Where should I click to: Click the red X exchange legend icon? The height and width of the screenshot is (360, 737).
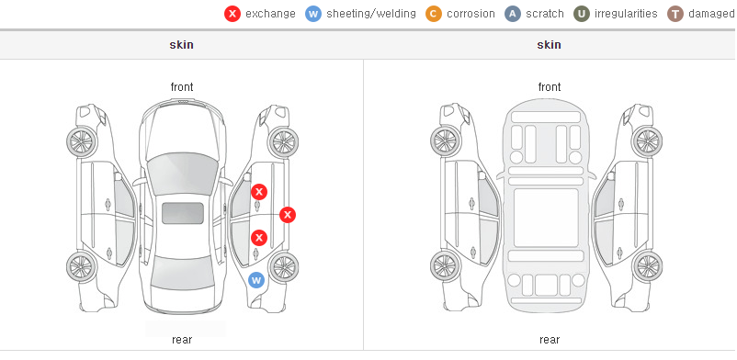click(x=232, y=14)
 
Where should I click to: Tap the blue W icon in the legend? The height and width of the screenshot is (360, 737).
click(x=313, y=14)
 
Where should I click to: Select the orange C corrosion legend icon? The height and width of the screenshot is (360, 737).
click(x=434, y=14)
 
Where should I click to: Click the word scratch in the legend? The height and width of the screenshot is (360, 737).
click(x=545, y=14)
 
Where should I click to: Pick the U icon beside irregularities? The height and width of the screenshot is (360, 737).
click(x=582, y=14)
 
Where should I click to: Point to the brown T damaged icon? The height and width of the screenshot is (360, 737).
click(x=675, y=14)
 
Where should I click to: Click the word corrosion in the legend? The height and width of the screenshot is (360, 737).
click(x=471, y=14)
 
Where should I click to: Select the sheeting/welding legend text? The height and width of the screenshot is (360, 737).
click(x=371, y=14)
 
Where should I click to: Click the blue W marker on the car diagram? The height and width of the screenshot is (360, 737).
click(x=256, y=281)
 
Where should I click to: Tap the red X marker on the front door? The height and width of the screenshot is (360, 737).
click(x=259, y=192)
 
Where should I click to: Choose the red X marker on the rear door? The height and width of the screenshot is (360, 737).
click(x=258, y=238)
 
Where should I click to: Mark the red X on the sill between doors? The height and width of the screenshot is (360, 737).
click(x=288, y=215)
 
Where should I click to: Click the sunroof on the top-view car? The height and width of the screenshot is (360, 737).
click(x=183, y=213)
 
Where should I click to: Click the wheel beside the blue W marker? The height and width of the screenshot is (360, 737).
click(x=284, y=267)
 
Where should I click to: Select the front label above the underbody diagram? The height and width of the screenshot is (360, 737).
click(x=550, y=87)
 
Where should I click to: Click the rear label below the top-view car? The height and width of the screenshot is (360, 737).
click(x=182, y=340)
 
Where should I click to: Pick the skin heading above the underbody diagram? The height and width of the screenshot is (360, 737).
click(x=549, y=45)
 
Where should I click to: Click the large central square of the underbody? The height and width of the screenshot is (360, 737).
click(x=546, y=218)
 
